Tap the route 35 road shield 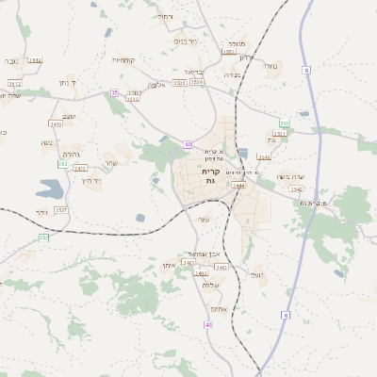point(114,92)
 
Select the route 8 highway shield point(306,70)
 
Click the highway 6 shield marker point(286,315)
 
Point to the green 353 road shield point(43,237)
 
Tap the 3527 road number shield point(60,210)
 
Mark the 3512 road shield point(15,84)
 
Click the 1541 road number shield point(280,134)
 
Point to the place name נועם point(257,274)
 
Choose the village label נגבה point(10,61)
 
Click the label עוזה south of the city point(204,220)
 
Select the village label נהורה point(73,154)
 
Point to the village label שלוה point(209,285)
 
